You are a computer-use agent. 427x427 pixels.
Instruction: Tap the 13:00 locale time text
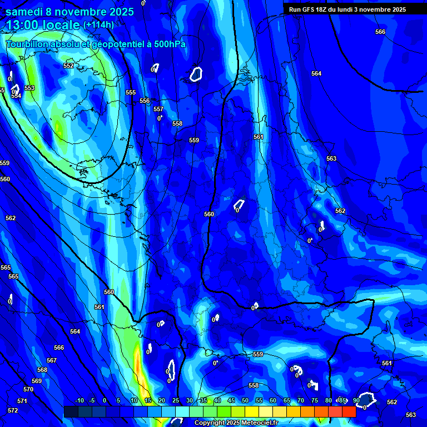point(42,25)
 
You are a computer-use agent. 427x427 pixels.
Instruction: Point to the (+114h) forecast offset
point(98,24)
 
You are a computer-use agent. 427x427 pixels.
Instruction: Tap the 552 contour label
point(68,66)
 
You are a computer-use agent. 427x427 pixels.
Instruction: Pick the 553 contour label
point(29,88)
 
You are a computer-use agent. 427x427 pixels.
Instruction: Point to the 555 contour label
point(131,93)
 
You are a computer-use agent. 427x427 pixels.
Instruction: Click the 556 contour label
point(145,101)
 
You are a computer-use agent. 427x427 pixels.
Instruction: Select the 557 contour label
point(158,110)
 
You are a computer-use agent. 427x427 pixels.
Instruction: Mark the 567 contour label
point(52,360)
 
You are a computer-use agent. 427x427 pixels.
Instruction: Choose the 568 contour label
point(42,370)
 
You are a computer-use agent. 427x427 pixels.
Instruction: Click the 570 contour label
point(28,389)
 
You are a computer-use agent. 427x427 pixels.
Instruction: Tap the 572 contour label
point(13,410)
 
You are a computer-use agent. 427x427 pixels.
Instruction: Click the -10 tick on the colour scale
point(79,400)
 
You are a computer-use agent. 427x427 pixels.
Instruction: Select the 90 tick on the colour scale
point(356,400)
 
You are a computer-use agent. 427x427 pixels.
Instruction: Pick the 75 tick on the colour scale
point(315,400)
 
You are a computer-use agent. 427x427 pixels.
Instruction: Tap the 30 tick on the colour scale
point(190,400)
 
